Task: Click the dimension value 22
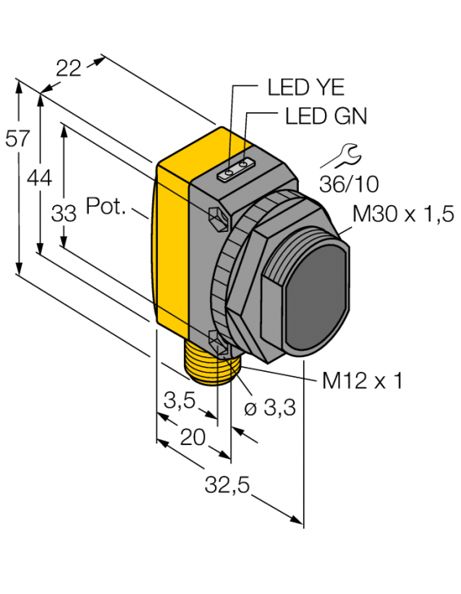tap(69, 69)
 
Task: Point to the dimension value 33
tap(64, 213)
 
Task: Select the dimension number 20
tap(192, 437)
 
